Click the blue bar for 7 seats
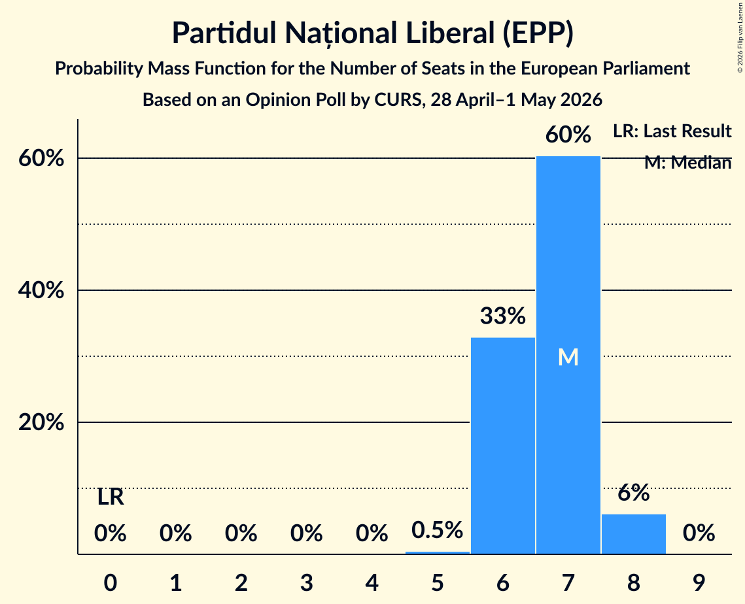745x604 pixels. (x=568, y=355)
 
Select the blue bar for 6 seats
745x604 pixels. (x=503, y=445)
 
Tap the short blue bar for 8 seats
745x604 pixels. (x=634, y=533)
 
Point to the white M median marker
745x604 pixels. (x=568, y=357)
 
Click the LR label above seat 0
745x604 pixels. (x=111, y=497)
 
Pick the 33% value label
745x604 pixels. (x=503, y=316)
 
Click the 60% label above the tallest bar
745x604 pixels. (x=568, y=135)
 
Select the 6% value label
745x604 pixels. (x=634, y=493)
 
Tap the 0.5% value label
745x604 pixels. (x=437, y=530)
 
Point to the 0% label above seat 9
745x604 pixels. (x=699, y=533)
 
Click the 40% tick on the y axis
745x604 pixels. (x=41, y=290)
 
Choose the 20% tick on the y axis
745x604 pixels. (x=41, y=422)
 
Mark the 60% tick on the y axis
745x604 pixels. (x=41, y=158)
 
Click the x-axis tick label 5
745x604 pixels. (x=437, y=583)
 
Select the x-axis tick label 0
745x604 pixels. (x=111, y=583)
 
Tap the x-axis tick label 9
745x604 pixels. (x=699, y=583)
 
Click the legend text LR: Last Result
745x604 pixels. (x=672, y=131)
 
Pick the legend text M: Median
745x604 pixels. (x=688, y=163)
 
